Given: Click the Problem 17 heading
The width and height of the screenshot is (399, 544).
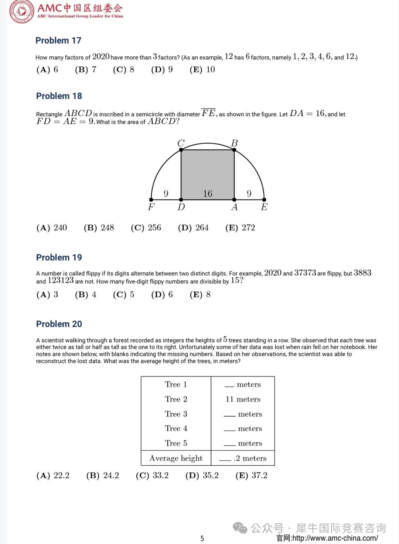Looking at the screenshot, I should point(58,40).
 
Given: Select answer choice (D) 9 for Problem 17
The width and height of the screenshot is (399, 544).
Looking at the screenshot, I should point(162,69).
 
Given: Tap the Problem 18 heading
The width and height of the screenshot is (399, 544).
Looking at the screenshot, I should point(59,96).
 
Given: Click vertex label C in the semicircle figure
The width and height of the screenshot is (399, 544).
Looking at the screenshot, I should point(181,143).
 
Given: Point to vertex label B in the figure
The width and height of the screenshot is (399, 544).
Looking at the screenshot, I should point(234,143).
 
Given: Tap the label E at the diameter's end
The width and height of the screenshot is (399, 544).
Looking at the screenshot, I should point(264,207).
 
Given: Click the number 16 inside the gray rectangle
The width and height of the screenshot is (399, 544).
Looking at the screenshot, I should point(208,194).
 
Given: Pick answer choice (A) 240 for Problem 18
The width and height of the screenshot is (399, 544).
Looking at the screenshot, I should point(52,227).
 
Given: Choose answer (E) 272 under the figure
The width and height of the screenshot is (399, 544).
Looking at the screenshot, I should point(240,227).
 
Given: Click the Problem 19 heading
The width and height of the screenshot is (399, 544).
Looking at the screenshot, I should point(59,257).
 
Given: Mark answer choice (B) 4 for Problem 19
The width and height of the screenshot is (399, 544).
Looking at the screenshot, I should point(85,294).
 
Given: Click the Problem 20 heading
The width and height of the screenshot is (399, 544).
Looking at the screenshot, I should point(59,324).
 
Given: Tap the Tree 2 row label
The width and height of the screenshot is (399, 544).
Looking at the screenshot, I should point(176,399).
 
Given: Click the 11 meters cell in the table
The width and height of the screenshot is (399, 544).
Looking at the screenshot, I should point(243,399).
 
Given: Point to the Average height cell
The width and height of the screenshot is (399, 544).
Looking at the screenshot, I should point(176,458).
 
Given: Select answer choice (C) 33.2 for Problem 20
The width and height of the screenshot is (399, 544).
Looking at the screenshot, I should point(152,475).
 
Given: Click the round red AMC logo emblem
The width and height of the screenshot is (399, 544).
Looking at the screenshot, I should point(21,11).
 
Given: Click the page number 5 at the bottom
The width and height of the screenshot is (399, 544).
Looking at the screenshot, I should point(202,538).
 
